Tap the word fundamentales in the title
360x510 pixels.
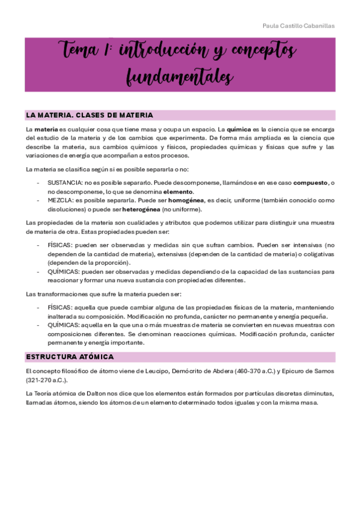pyautogui.click(x=180, y=78)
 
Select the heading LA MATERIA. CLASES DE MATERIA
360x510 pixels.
pyautogui.click(x=89, y=115)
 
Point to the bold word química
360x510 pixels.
pyautogui.click(x=238, y=129)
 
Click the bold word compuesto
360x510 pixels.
pyautogui.click(x=310, y=182)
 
